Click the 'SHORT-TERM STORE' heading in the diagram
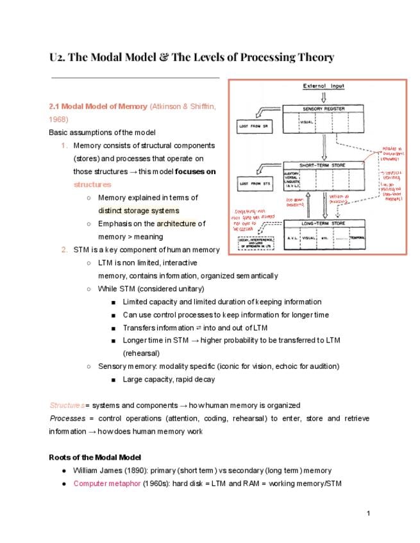[322, 165]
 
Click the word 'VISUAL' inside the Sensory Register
[307, 120]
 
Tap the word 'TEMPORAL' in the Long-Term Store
[357, 238]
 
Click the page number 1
[369, 514]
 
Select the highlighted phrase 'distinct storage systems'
[139, 211]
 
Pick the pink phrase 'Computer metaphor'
[106, 483]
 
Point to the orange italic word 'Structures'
[67, 405]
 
